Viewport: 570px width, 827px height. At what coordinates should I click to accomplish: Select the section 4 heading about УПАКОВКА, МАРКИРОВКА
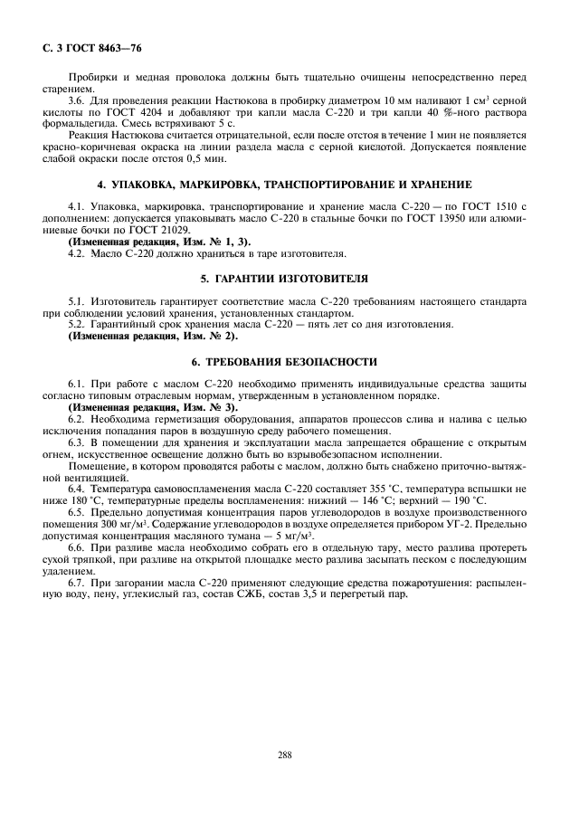(x=285, y=184)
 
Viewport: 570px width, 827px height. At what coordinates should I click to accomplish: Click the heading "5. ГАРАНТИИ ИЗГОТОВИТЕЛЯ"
(x=285, y=278)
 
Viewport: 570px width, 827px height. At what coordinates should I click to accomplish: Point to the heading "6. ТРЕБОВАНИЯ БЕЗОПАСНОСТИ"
(x=285, y=360)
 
